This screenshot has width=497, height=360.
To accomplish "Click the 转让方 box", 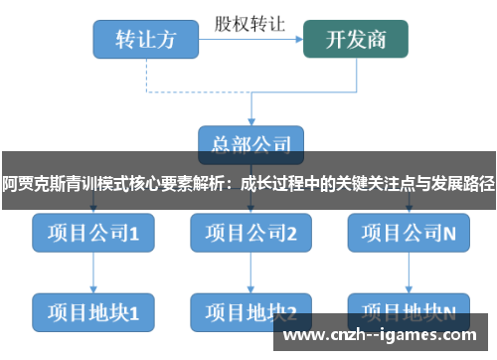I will pos(145,40).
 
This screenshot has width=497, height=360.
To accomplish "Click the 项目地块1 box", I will pos(92,311).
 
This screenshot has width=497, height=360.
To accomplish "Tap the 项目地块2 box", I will pos(251,311).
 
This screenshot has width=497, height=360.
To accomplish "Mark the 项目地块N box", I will pos(409,311).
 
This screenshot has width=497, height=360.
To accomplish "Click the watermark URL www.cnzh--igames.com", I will pos(389,335).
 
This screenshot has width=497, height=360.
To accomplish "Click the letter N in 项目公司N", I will pos(449,234).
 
